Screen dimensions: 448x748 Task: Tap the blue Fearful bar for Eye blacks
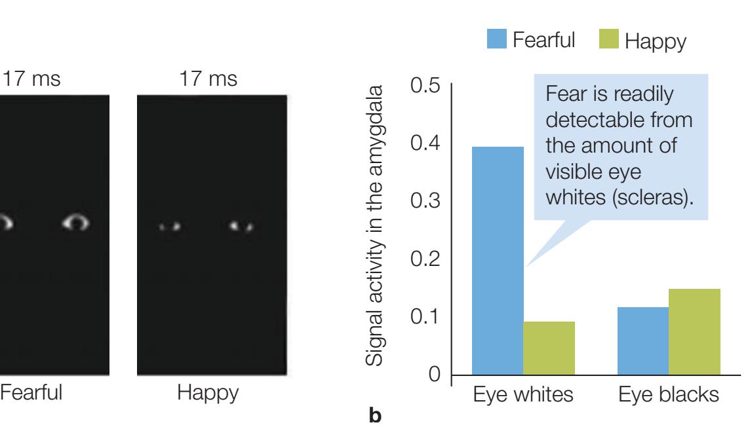tap(643, 341)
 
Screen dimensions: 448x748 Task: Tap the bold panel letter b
tap(376, 415)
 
